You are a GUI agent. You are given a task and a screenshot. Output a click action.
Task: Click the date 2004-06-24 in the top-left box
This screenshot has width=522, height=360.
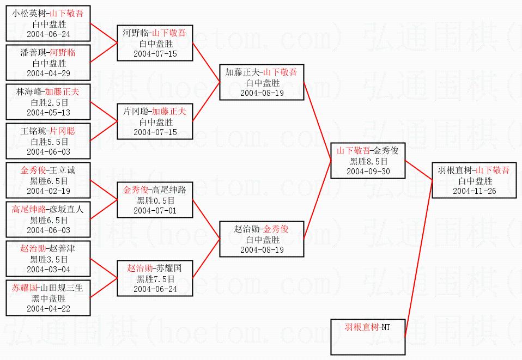[x=48, y=34]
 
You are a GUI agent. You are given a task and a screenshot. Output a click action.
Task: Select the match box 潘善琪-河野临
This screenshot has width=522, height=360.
[x=48, y=63]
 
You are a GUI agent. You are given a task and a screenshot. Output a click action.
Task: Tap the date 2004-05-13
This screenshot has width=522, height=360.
[x=48, y=112]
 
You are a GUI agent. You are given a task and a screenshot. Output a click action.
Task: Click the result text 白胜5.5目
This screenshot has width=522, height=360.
[x=48, y=142]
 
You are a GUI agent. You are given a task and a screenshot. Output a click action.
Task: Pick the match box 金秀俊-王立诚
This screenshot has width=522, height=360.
[x=48, y=180]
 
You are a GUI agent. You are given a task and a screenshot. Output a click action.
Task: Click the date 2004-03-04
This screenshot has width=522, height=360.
[x=48, y=269]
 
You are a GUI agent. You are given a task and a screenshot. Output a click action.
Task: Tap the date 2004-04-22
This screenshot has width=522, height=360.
[x=48, y=308]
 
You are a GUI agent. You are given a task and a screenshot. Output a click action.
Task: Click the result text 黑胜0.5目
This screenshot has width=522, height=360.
[x=155, y=200]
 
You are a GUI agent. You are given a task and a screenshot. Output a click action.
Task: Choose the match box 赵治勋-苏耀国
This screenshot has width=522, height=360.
[x=155, y=278]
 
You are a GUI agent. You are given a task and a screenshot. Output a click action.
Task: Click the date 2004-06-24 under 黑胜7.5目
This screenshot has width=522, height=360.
[x=155, y=289]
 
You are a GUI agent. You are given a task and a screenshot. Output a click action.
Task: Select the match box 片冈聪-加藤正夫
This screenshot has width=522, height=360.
[x=155, y=121]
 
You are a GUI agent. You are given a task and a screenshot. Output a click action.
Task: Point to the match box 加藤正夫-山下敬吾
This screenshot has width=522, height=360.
[x=262, y=82]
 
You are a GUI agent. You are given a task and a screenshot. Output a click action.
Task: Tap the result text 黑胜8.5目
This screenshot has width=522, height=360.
[x=368, y=161]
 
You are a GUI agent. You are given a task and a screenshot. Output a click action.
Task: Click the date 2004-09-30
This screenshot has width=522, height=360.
[x=368, y=171]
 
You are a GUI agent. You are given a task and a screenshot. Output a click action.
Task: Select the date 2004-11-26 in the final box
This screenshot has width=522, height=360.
[x=475, y=191]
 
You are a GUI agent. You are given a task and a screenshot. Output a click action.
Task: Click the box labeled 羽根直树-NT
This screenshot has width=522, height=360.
[x=368, y=337]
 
